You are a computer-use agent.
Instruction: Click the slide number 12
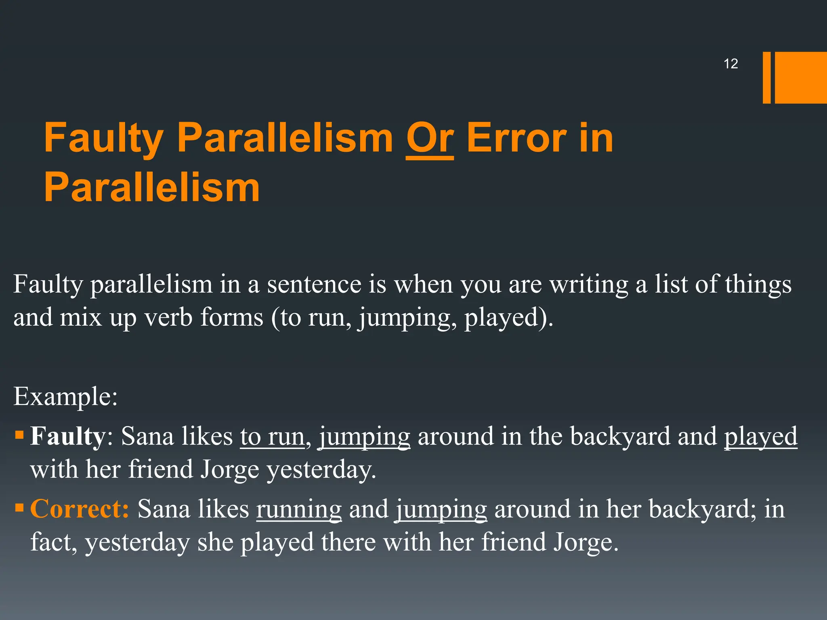(730, 64)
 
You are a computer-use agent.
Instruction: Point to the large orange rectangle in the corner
(801, 77)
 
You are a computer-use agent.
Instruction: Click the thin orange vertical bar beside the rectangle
(766, 77)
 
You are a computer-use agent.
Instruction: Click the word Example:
(65, 396)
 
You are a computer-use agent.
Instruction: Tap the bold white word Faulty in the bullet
(67, 436)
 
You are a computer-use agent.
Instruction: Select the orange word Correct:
(80, 509)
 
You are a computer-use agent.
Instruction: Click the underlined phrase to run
(272, 436)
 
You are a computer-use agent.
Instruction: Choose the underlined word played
(760, 436)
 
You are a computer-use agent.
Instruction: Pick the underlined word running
(299, 509)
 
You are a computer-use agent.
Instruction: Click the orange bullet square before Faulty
(19, 435)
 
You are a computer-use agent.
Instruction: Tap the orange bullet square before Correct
(19, 507)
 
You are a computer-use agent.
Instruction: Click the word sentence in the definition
(314, 284)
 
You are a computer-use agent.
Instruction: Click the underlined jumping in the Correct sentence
(441, 509)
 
